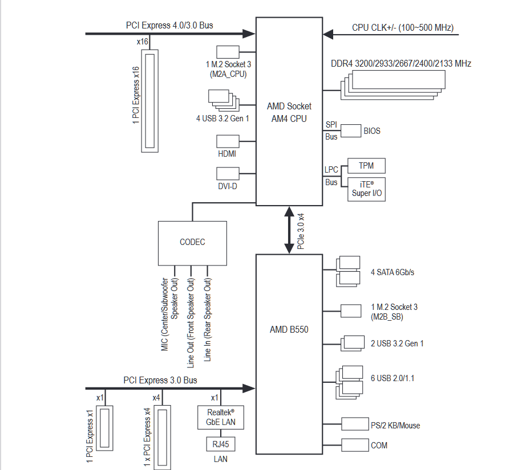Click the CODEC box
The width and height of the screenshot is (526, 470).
pyautogui.click(x=192, y=242)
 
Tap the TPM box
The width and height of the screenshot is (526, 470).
pyautogui.click(x=366, y=166)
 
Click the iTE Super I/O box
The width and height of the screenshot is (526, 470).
pyautogui.click(x=366, y=189)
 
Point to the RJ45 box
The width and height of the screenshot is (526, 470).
pyautogui.click(x=220, y=444)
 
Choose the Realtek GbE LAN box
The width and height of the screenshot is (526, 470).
pyautogui.click(x=220, y=416)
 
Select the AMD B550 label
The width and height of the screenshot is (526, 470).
pyautogui.click(x=289, y=329)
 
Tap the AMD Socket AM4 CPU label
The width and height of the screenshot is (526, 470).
pyautogui.click(x=289, y=112)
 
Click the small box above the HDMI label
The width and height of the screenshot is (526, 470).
pyautogui.click(x=228, y=142)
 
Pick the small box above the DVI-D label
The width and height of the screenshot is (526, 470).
pyautogui.click(x=228, y=174)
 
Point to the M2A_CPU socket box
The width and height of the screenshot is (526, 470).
pyautogui.click(x=228, y=52)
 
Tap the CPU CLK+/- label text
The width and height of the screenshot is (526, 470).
pyautogui.click(x=403, y=27)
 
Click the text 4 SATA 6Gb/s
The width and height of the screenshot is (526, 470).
pyautogui.click(x=392, y=272)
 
